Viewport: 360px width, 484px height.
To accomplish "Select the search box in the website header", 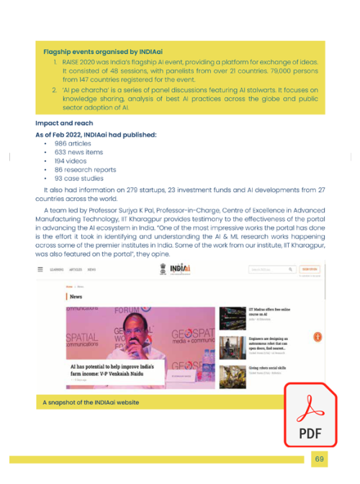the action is pos(271,269).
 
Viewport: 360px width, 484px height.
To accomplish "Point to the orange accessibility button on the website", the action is pos(318,337).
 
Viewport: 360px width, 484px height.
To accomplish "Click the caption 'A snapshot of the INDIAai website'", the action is pos(91,402).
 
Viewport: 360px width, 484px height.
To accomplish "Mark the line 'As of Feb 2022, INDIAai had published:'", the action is pos(95,134).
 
